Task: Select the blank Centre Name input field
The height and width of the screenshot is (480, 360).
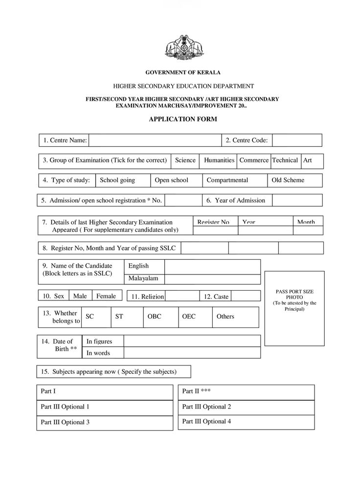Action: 155,140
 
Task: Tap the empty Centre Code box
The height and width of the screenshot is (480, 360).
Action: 297,140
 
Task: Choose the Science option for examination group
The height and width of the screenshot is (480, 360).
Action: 185,160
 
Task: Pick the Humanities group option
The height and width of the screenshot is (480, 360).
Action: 219,160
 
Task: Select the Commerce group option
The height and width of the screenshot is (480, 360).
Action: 254,160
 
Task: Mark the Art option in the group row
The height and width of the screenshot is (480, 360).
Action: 312,160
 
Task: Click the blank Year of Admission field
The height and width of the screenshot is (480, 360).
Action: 297,200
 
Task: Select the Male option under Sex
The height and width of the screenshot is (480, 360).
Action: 80,296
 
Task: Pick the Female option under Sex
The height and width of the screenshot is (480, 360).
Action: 106,296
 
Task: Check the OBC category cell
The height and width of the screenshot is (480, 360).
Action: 159,317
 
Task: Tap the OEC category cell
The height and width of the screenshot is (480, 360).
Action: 194,317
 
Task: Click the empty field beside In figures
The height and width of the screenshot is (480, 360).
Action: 192,341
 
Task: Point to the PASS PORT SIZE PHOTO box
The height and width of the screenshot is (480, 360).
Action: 294,308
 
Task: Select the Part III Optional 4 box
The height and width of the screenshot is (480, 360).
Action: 246,422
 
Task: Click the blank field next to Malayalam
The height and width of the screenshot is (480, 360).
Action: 212,279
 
